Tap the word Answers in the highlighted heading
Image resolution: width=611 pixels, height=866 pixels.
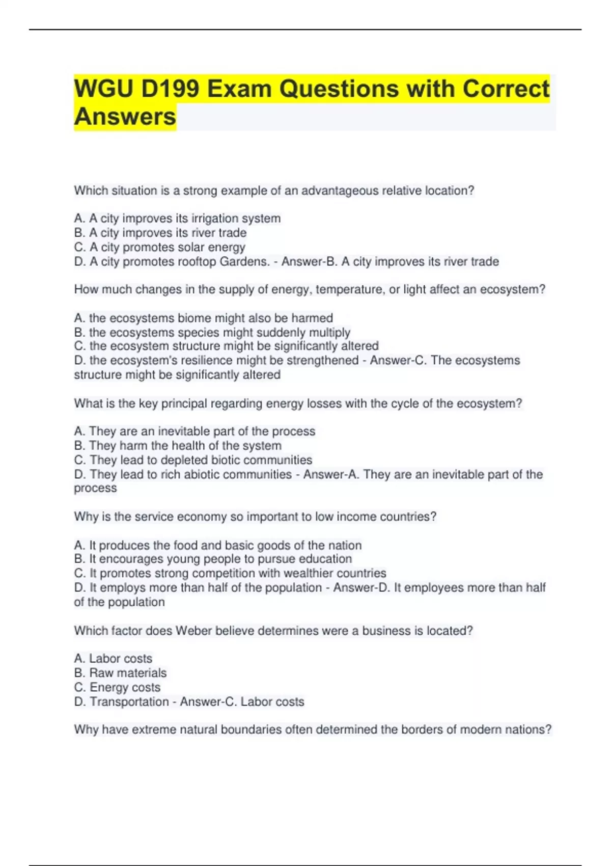coord(125,117)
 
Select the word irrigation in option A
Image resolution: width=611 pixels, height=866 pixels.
coord(214,219)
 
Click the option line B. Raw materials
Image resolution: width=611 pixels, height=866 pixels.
coord(121,673)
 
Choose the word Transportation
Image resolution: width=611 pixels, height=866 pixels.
coord(129,701)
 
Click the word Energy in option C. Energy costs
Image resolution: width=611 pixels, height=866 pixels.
coord(107,687)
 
